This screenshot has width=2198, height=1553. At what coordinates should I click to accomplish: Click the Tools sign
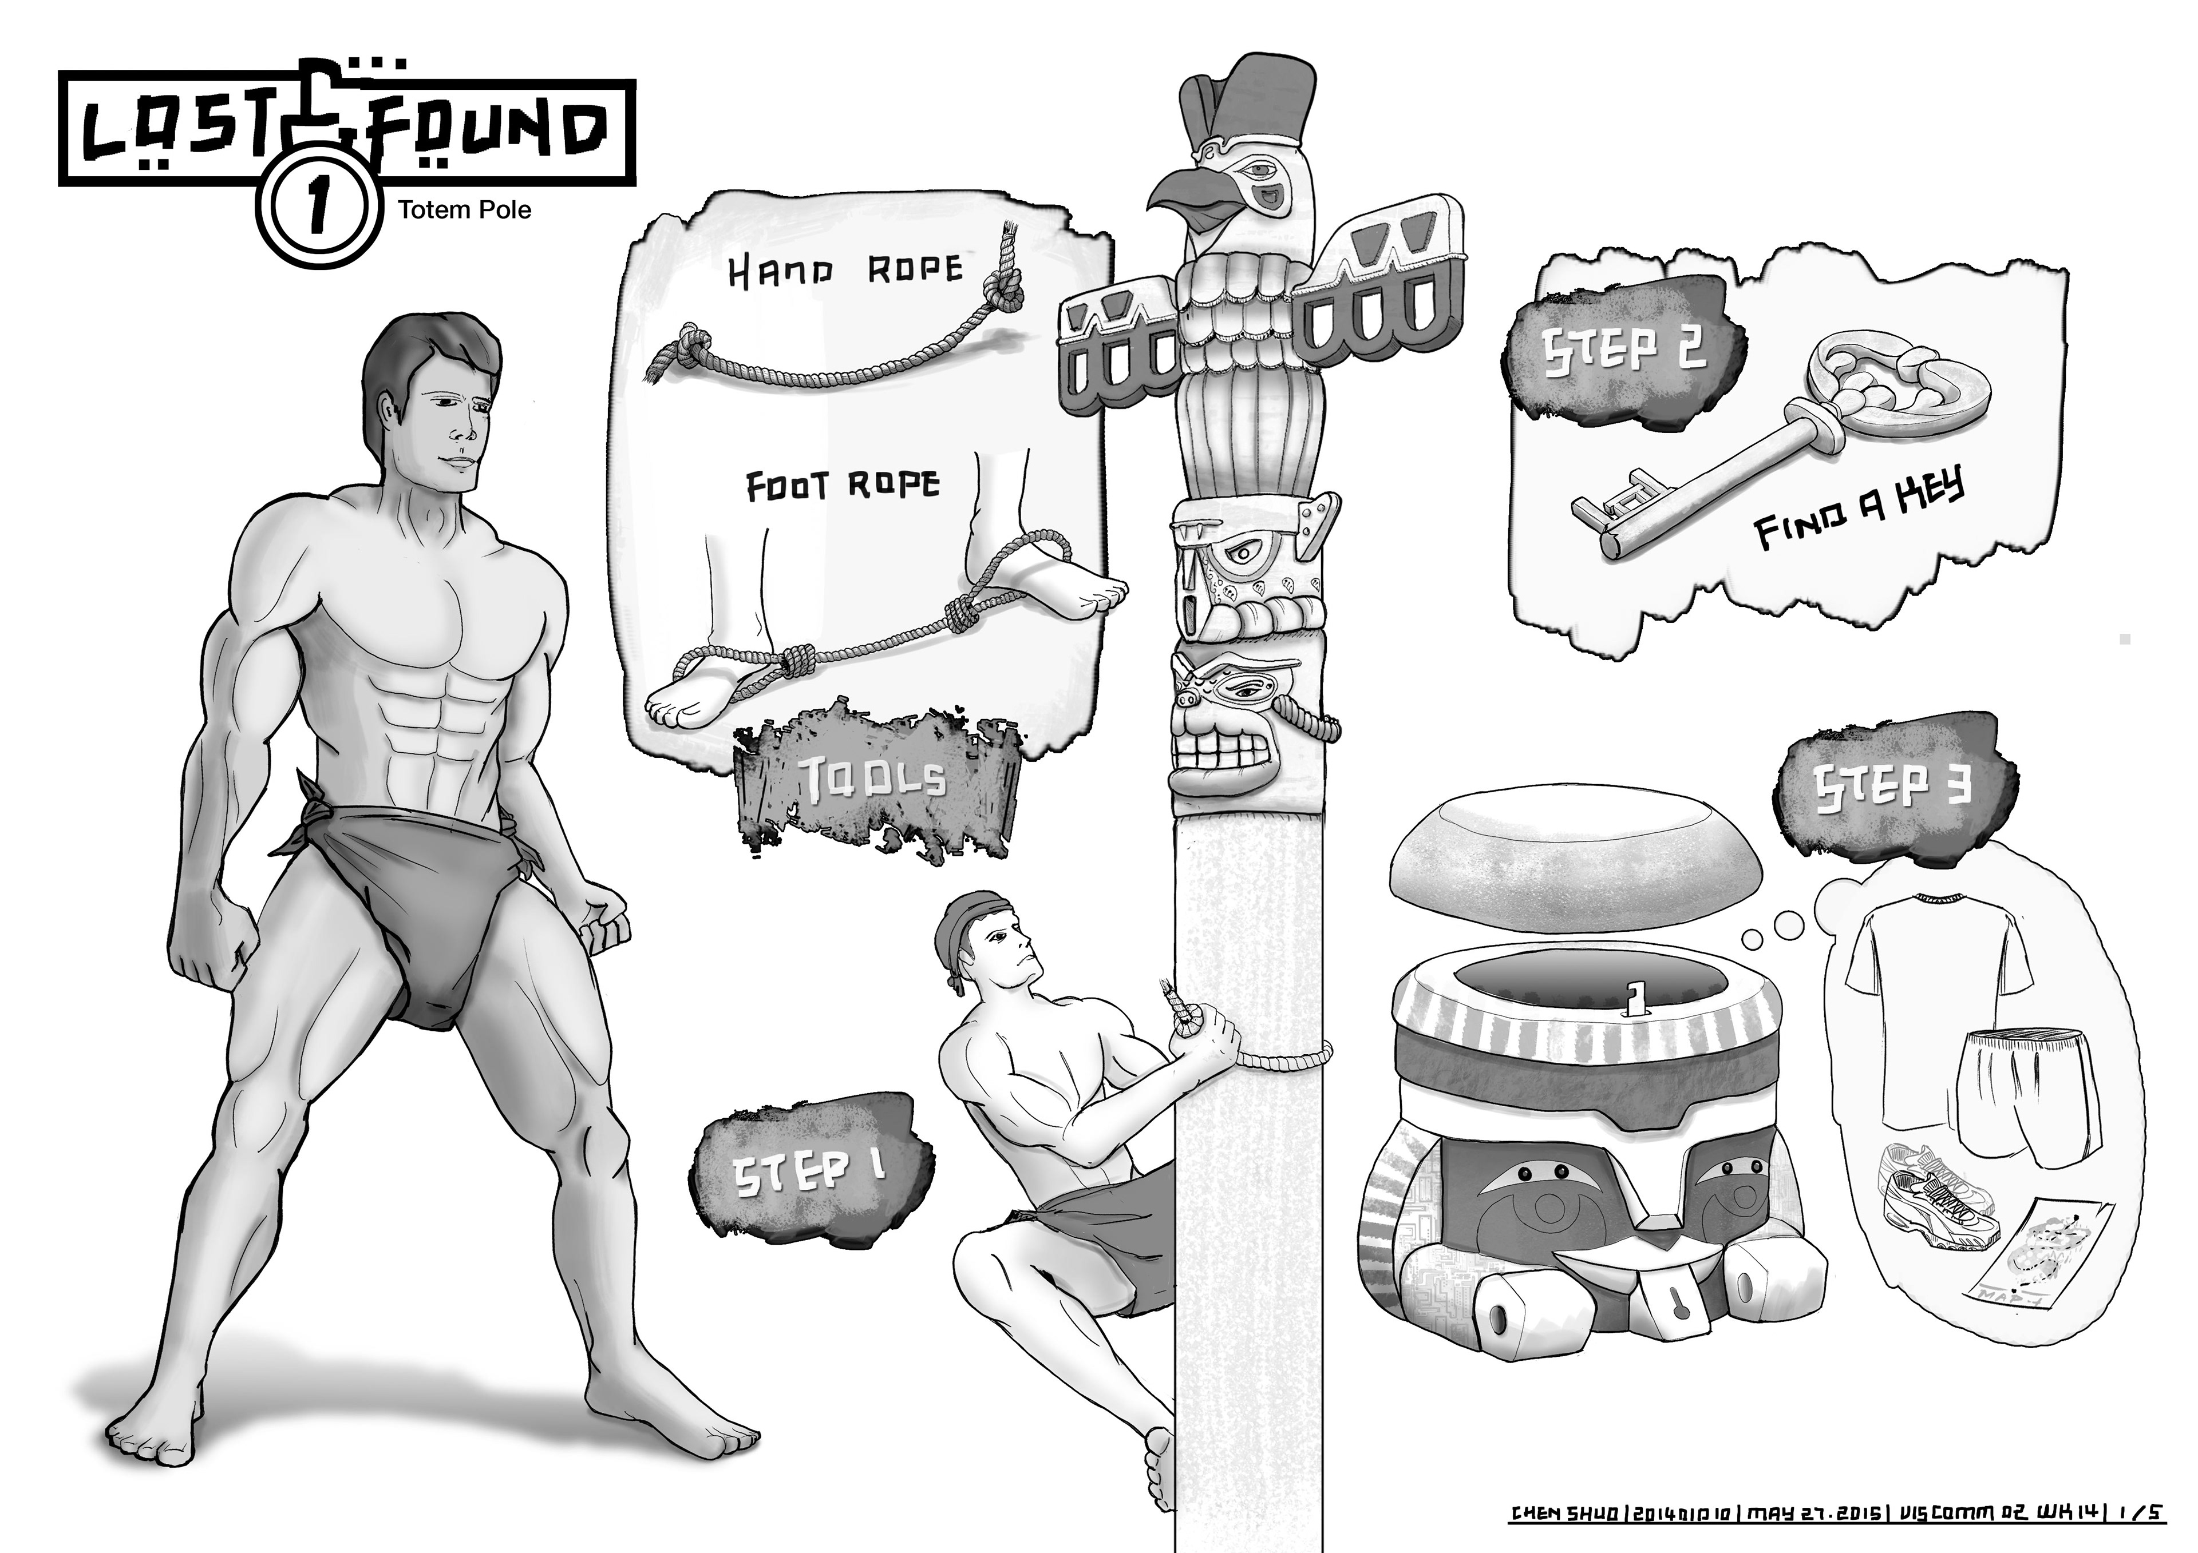coord(876,783)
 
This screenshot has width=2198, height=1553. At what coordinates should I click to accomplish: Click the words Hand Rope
coord(844,271)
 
